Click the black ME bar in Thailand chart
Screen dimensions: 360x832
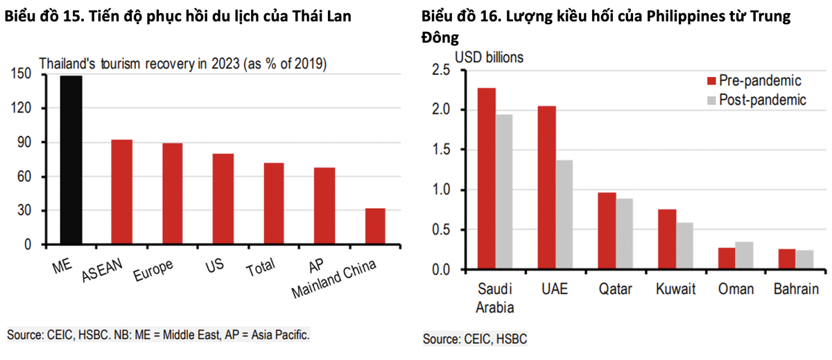point(71,160)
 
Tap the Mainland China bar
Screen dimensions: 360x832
point(375,226)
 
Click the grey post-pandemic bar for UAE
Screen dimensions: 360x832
point(564,215)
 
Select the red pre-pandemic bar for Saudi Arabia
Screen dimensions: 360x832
point(487,179)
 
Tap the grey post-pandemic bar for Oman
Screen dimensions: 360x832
point(744,255)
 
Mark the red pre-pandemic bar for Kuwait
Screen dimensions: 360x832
point(666,239)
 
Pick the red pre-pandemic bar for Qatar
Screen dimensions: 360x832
point(607,231)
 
